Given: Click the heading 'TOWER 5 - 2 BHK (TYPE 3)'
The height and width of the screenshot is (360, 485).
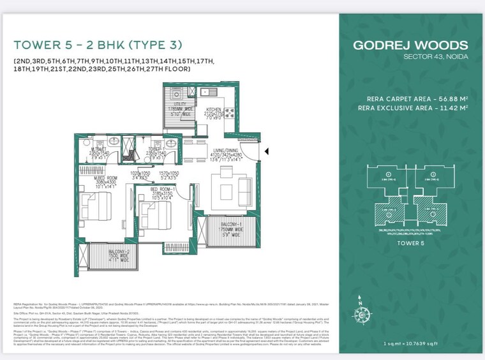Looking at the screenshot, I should (98, 45).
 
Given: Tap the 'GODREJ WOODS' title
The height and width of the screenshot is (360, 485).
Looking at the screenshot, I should (410, 45).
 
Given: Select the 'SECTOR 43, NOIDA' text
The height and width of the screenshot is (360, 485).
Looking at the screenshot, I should (435, 57).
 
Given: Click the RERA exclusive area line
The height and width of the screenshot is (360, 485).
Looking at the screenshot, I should (417, 109).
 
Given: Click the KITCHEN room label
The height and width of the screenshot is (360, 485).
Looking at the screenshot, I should (214, 109).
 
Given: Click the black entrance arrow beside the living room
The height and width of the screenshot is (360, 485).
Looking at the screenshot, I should (267, 151).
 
